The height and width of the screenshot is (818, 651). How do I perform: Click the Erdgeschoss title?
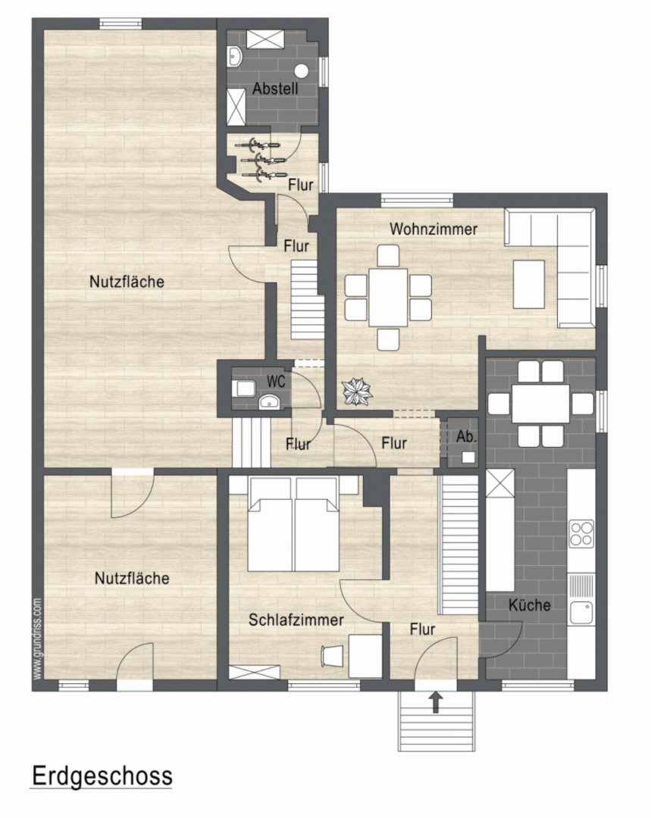[x=102, y=776]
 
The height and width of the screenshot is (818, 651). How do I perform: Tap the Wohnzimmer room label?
[x=433, y=229]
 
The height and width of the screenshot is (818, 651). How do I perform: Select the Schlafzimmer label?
[x=296, y=620]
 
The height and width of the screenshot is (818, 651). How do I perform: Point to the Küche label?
[x=529, y=604]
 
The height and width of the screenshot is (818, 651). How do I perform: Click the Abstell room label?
[x=275, y=88]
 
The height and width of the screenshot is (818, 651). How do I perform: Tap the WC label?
[x=276, y=381]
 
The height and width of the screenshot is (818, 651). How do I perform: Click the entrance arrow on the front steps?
[x=437, y=702]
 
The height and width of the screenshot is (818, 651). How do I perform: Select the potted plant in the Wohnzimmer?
[x=357, y=392]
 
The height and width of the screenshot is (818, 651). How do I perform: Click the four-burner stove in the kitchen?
[x=581, y=533]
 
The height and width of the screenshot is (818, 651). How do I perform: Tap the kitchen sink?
[x=581, y=613]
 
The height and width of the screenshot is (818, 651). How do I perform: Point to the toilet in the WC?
[x=244, y=388]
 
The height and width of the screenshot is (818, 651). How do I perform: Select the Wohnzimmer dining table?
[x=388, y=298]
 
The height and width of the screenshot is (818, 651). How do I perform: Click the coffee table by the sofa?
[x=529, y=284]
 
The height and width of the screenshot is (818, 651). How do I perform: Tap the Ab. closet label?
[x=466, y=436]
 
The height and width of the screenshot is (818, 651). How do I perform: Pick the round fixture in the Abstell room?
[x=302, y=71]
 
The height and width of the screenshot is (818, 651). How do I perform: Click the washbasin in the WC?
[x=269, y=401]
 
